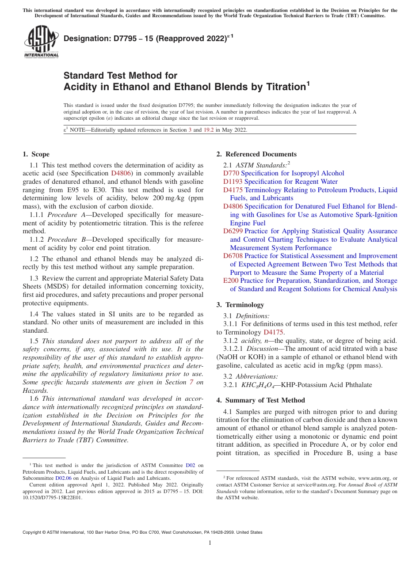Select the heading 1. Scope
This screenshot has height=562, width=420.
36,154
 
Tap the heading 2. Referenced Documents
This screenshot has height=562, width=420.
256,154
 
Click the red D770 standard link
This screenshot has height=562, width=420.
231,173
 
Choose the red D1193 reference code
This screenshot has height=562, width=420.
233,182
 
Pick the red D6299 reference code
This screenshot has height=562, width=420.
233,231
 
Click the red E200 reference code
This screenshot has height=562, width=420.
231,281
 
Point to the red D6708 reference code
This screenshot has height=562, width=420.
233,256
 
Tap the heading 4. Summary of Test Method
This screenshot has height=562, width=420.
261,400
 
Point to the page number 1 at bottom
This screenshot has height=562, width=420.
210,543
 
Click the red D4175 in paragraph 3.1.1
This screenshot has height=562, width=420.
273,332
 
